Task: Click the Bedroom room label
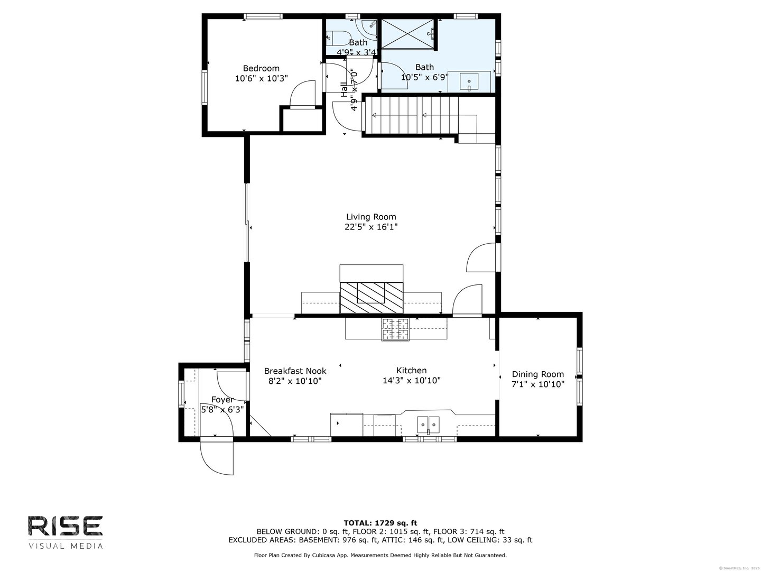tap(261, 68)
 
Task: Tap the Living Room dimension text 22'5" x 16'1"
tap(370, 227)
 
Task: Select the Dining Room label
tap(537, 374)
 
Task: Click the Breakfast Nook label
tap(295, 371)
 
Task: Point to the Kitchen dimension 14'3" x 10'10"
tap(411, 381)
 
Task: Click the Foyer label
tap(222, 400)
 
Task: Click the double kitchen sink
tap(428, 423)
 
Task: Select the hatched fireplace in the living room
tap(371, 298)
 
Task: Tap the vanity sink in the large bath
tap(469, 82)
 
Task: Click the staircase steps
tap(412, 115)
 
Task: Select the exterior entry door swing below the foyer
tap(216, 456)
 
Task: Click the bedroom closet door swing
tap(303, 94)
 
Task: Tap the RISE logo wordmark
tap(65, 526)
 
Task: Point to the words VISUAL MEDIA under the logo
tap(65, 546)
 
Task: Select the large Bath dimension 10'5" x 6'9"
tap(424, 77)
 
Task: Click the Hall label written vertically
tap(344, 89)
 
